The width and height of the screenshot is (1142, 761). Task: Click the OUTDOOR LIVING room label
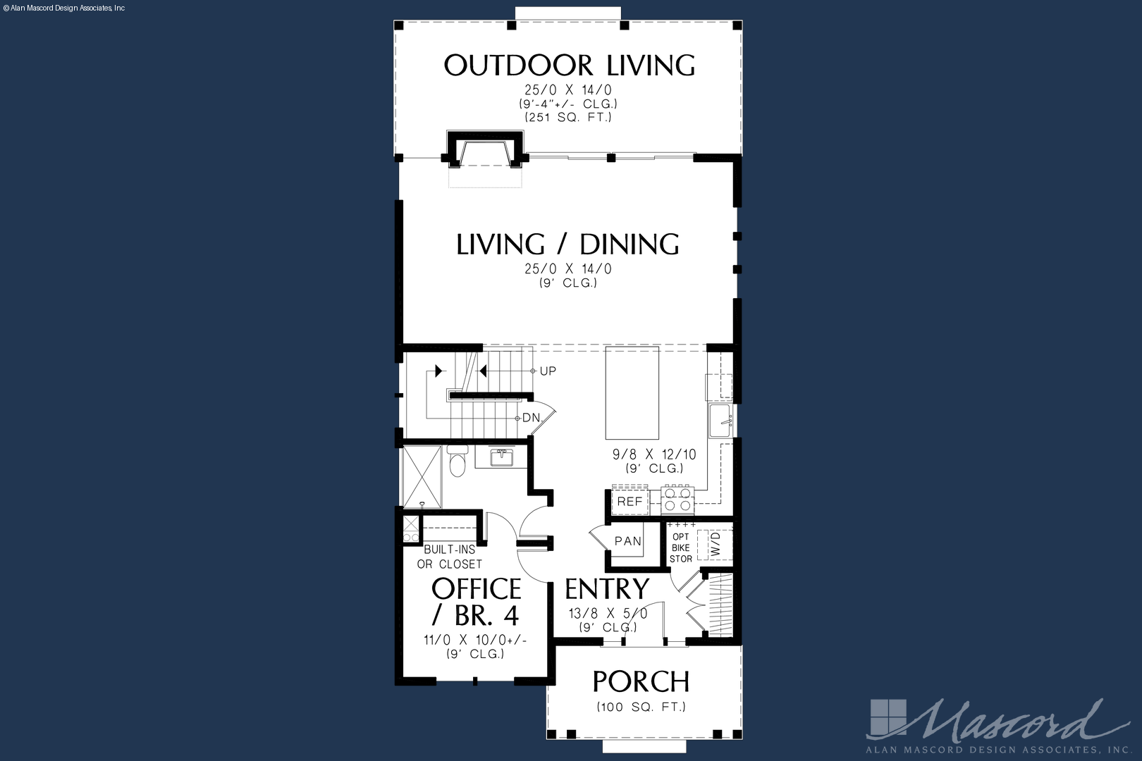tap(569, 66)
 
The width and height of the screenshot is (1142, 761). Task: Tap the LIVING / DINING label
tap(567, 244)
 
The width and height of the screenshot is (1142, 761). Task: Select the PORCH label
tap(641, 681)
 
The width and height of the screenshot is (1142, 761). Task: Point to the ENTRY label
tap(607, 588)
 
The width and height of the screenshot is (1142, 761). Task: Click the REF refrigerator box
tap(630, 502)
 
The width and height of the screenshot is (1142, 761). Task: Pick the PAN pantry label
tap(627, 541)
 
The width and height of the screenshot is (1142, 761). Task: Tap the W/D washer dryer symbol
tap(715, 545)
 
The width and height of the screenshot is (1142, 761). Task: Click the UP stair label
tap(548, 371)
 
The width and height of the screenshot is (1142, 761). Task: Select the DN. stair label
tap(532, 418)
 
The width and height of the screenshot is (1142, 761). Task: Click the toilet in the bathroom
tap(458, 461)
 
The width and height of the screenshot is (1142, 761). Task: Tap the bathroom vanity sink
tap(502, 457)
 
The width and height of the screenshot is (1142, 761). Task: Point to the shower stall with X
tap(422, 476)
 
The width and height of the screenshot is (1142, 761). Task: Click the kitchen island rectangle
tap(632, 392)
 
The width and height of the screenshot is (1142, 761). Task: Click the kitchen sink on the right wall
tap(720, 421)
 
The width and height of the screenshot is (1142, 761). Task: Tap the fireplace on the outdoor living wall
tap(484, 150)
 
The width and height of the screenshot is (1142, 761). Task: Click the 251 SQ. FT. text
tap(568, 117)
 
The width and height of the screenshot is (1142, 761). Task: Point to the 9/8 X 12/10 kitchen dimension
tap(654, 454)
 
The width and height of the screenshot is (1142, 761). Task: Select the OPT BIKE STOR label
tap(680, 548)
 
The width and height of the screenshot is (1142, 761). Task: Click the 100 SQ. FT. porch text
tap(641, 707)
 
